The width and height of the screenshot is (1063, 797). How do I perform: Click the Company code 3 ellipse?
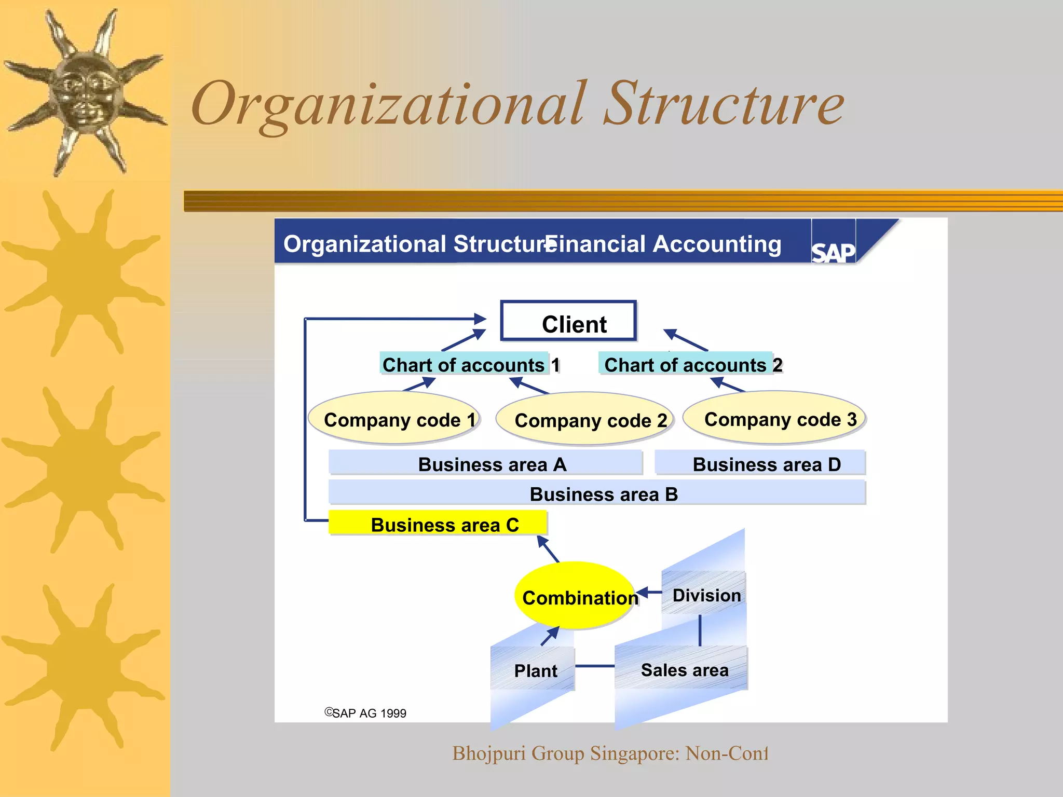(x=774, y=419)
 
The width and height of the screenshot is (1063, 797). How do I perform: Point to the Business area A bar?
(x=486, y=463)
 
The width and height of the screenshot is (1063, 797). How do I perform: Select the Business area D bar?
(x=760, y=463)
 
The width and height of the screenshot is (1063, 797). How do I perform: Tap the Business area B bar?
(x=597, y=493)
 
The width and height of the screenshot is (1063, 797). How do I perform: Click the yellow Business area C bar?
(x=438, y=524)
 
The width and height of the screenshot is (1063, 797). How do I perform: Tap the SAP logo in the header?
(x=833, y=252)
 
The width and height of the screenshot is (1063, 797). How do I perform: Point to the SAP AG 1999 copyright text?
(x=366, y=713)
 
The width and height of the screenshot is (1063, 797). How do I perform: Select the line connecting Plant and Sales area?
(x=595, y=666)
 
